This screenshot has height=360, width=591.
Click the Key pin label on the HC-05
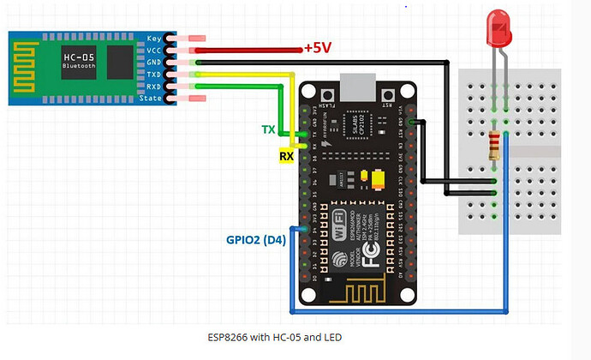154,39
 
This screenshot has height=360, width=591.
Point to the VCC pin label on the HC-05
154,51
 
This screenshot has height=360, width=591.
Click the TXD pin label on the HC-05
154,75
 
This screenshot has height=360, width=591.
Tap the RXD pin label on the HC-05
154,87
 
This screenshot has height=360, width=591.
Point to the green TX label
268,130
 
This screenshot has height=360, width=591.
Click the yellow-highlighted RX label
285,156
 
